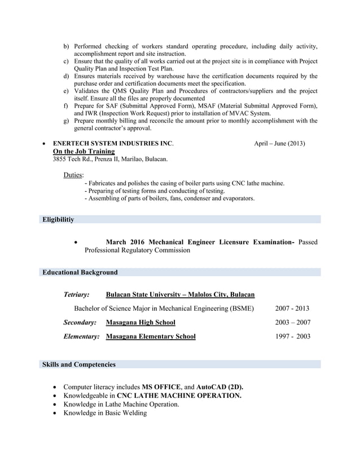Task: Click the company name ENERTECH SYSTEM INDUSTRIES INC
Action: point(113,143)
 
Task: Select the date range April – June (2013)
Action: point(279,143)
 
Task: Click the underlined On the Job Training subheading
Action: point(84,151)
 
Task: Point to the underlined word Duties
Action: point(73,175)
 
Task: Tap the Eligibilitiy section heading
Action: point(58,219)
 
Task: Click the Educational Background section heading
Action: point(80,272)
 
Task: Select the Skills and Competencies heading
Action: point(79,364)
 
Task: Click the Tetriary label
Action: point(76,294)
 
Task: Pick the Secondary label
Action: point(80,323)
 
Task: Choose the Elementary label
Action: point(81,337)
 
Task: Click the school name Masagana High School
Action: point(141,323)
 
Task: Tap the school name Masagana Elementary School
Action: point(151,337)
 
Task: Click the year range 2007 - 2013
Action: point(292,309)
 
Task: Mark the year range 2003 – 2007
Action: point(292,323)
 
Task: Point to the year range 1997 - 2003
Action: point(292,337)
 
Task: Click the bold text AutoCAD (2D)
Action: point(219,387)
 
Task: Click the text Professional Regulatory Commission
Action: point(137,250)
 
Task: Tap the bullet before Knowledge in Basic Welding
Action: point(54,413)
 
